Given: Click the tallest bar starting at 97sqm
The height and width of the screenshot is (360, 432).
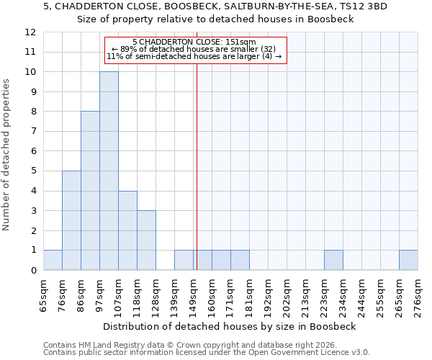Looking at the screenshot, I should pyautogui.click(x=109, y=171).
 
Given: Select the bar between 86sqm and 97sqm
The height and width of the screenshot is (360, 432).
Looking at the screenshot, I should pyautogui.click(x=90, y=191).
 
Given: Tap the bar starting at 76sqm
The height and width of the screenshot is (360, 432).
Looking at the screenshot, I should pyautogui.click(x=71, y=220).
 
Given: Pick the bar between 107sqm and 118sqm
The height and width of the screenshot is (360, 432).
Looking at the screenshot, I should pyautogui.click(x=127, y=230).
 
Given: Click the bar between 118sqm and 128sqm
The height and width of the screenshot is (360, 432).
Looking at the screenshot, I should pyautogui.click(x=146, y=240).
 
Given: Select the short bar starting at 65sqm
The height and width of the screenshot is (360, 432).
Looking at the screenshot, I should pyautogui.click(x=53, y=260).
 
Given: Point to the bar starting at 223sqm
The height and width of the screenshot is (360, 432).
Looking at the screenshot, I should pyautogui.click(x=333, y=260).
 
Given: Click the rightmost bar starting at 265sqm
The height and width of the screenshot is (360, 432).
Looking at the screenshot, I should pyautogui.click(x=408, y=260).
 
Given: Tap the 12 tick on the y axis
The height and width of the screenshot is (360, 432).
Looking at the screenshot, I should pyautogui.click(x=30, y=32).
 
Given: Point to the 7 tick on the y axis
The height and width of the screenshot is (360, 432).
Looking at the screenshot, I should pyautogui.click(x=32, y=132).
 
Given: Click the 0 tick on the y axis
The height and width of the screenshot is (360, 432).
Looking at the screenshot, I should pyautogui.click(x=32, y=271).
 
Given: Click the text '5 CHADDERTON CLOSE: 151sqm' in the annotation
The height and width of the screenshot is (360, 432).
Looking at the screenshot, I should pyautogui.click(x=194, y=42).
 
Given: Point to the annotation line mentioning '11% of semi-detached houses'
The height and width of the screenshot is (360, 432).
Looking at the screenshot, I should pyautogui.click(x=194, y=56).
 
